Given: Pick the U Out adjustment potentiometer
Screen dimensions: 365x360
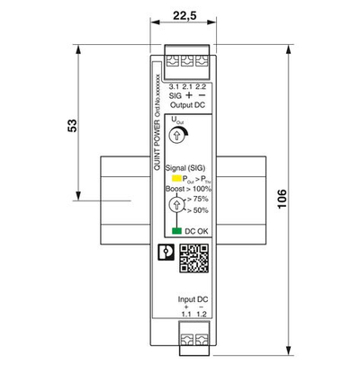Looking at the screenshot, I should (x=177, y=134).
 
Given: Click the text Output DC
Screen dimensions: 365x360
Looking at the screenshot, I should (x=187, y=104).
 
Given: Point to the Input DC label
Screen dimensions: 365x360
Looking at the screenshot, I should (x=193, y=298).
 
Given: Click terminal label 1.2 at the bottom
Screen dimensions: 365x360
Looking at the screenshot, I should (x=202, y=315).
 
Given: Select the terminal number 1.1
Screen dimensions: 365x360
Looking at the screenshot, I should (x=184, y=315).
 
